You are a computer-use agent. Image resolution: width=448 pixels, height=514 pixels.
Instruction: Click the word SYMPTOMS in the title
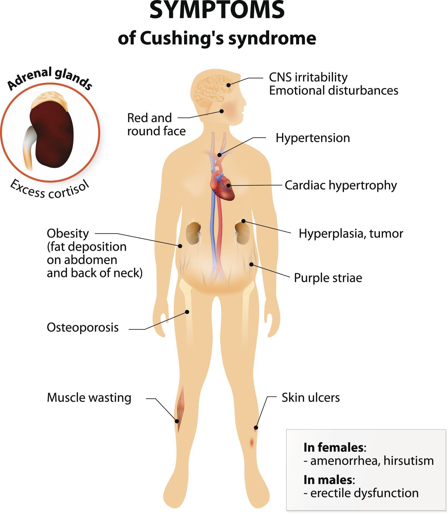[x=217, y=10]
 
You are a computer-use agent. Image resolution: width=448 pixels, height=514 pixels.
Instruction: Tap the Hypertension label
[x=313, y=138]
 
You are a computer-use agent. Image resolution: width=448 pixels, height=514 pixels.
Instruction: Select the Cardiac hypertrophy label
[x=341, y=185]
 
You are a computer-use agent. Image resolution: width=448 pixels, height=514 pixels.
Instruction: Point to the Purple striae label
[x=328, y=278]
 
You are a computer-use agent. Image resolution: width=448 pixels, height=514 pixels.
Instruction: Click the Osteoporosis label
[x=83, y=328]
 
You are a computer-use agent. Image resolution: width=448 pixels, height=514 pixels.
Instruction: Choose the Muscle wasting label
[x=89, y=398]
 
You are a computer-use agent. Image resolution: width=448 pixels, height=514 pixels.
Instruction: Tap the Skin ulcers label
[x=311, y=398]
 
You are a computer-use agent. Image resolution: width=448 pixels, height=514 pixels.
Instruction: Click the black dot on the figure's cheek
[x=222, y=111]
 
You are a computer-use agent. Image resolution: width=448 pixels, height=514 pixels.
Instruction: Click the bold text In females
[x=334, y=447]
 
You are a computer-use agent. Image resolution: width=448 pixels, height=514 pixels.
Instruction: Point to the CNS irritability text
[x=308, y=77]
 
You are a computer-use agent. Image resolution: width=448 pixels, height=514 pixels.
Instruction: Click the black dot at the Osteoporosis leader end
[x=187, y=312]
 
